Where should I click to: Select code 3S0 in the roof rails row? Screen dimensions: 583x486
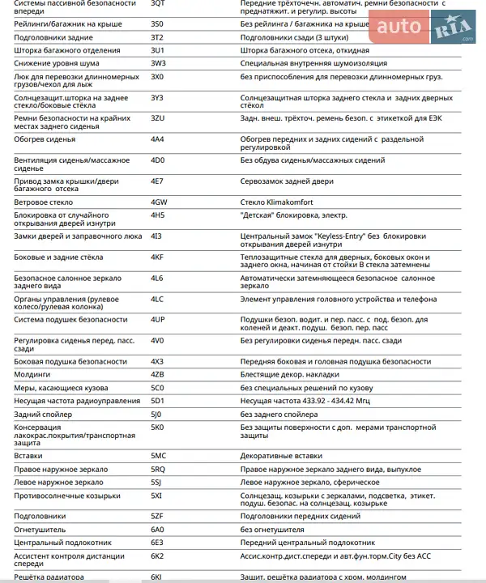tap(157, 24)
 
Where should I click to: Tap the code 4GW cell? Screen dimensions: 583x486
tap(159, 202)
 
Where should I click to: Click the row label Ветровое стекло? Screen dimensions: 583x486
tap(44, 202)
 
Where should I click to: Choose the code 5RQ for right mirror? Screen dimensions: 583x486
tap(158, 469)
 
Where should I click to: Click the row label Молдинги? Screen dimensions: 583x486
tap(32, 374)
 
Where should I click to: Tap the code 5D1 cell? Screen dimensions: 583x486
tap(157, 400)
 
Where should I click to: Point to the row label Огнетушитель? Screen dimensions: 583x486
tap(40, 529)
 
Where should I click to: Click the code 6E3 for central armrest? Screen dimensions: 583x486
tap(157, 542)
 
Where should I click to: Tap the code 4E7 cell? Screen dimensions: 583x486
tap(157, 181)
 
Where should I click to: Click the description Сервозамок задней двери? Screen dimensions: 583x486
tap(288, 181)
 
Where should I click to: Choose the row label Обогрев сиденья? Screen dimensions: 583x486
tap(45, 139)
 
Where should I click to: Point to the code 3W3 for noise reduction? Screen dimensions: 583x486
tap(158, 63)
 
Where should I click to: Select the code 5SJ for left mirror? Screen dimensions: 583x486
tap(156, 482)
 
